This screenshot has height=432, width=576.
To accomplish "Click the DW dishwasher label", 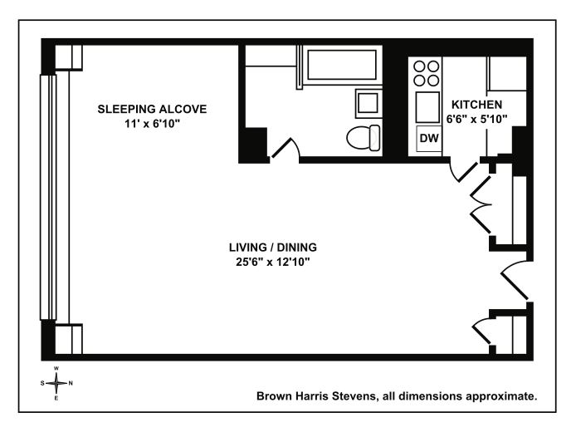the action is [x=429, y=138].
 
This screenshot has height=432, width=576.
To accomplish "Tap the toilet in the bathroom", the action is [x=364, y=138].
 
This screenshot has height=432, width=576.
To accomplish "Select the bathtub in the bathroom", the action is [x=342, y=65].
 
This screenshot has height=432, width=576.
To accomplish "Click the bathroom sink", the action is [x=368, y=103].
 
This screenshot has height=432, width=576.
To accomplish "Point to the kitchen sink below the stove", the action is [x=427, y=107].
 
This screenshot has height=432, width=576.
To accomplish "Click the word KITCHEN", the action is [x=476, y=105].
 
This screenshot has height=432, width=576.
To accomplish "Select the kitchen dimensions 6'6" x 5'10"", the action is [x=476, y=120].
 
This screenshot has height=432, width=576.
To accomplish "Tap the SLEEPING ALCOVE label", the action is [x=152, y=109].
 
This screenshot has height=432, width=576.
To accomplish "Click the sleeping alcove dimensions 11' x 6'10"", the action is [x=152, y=124].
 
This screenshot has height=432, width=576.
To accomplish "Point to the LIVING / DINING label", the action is [x=273, y=248].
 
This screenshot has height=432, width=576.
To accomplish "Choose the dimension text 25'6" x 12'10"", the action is [x=273, y=263].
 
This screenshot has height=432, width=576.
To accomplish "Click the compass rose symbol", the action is [x=56, y=383].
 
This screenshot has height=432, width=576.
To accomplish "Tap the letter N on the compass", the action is [x=71, y=383].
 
